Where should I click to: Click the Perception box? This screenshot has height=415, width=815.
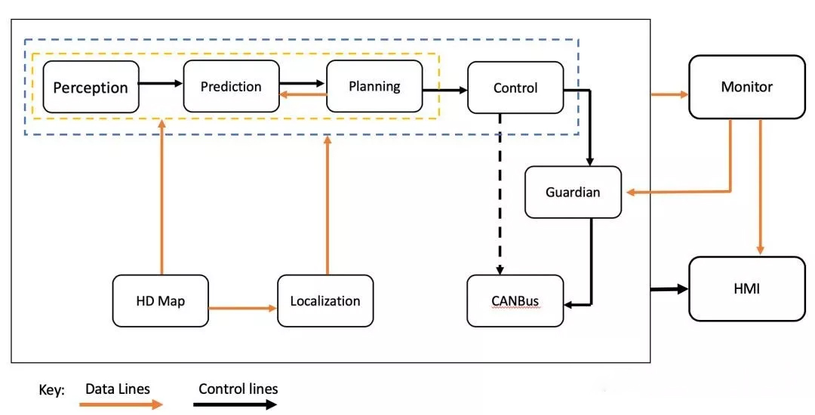point(91,87)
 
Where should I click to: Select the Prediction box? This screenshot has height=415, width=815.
point(231,87)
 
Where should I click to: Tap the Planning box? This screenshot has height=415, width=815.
point(374,86)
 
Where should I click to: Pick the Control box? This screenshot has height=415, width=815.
point(515,88)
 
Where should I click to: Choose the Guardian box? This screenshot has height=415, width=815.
point(573,192)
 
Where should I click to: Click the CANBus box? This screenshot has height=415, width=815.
point(515,301)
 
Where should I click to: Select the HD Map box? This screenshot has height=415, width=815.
point(160,301)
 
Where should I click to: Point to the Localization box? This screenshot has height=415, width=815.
point(325,301)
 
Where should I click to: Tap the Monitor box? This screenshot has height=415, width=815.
point(746,87)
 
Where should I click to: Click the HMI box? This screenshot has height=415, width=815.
point(746,287)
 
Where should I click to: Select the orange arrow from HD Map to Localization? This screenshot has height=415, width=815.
point(242,308)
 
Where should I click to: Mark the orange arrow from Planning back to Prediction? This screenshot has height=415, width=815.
point(303,94)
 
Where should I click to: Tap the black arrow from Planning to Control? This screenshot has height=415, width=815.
point(444,90)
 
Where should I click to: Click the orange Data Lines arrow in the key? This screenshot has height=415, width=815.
point(121,404)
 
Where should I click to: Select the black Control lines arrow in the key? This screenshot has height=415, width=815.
point(233,404)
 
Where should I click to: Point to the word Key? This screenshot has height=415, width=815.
point(51,391)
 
